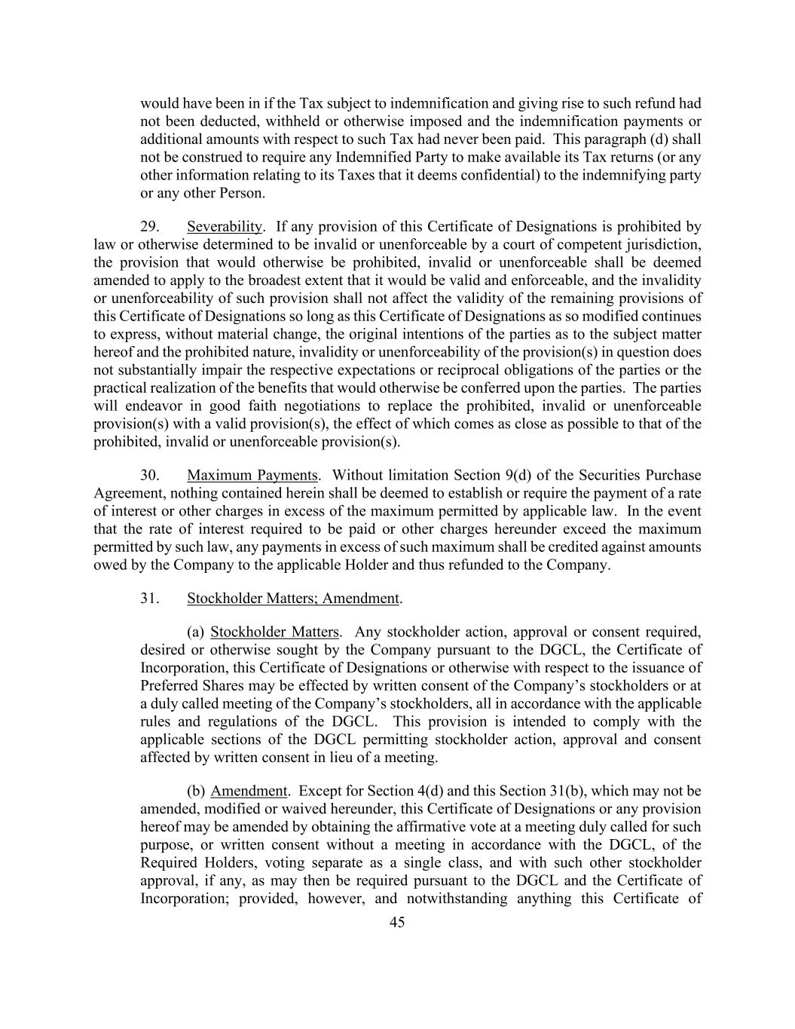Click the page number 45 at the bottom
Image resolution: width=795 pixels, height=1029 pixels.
(397, 922)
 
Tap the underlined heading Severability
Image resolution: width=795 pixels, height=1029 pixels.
(225, 227)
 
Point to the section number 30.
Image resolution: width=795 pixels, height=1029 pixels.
(149, 476)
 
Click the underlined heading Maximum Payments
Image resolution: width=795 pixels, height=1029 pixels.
(252, 476)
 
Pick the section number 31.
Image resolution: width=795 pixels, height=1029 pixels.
(149, 599)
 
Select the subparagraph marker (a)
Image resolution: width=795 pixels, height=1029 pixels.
(195, 632)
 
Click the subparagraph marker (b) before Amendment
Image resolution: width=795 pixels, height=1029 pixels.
(195, 792)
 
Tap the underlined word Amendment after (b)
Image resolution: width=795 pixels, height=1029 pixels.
(249, 792)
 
